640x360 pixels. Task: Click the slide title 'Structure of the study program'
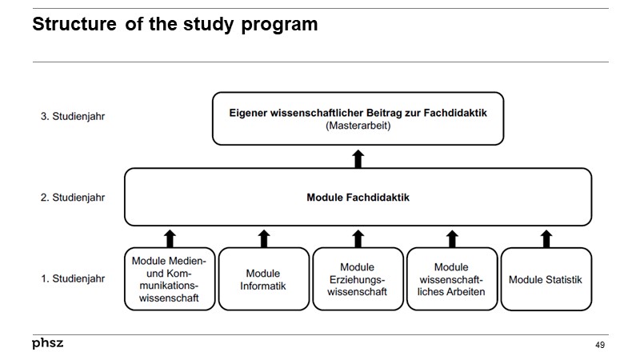coord(174,25)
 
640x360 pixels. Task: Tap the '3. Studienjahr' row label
coord(73,116)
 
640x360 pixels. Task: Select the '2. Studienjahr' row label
coord(73,197)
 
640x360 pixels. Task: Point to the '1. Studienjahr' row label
coord(73,279)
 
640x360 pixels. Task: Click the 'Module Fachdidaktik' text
coord(358,198)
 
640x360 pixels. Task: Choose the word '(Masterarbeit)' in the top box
coord(358,126)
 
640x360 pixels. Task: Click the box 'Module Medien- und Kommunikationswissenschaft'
coord(169,279)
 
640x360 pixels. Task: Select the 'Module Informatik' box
coord(263,279)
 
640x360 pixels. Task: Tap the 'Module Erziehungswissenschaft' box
coord(358,279)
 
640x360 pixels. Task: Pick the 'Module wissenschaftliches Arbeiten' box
coord(452,279)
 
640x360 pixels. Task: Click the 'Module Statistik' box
coord(546,279)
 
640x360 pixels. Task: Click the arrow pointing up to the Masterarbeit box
coord(358,158)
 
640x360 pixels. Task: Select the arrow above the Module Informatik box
coord(264,238)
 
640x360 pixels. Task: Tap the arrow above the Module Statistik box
coord(546,238)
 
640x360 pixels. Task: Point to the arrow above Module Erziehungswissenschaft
coord(358,238)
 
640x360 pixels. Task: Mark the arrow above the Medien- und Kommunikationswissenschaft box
coord(170,238)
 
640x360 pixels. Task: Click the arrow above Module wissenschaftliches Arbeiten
coord(452,238)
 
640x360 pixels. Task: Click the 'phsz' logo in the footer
coord(47,343)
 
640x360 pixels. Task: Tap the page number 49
coord(600,345)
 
